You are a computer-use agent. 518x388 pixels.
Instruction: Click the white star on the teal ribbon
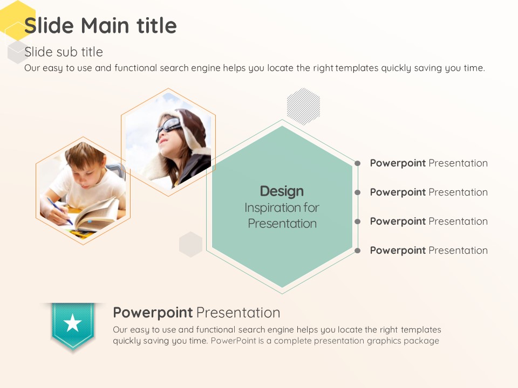pos(72,323)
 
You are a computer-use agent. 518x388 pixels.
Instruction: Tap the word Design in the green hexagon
pos(282,191)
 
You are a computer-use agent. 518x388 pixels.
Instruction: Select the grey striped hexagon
pos(303,106)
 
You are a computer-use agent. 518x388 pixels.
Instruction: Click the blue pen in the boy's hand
pos(59,211)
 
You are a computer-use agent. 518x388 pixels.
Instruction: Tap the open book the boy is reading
pos(97,214)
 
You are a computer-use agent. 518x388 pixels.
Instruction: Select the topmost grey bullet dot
pos(357,163)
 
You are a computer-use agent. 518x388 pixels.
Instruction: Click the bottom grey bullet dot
pos(357,251)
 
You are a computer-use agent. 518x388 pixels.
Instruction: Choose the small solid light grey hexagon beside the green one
pos(190,245)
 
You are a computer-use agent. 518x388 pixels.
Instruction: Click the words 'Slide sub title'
pos(64,52)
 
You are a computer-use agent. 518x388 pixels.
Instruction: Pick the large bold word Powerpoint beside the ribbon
pos(153,313)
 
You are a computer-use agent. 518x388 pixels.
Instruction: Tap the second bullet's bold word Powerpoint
pos(398,192)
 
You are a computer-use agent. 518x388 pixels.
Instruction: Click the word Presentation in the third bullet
pos(458,221)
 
